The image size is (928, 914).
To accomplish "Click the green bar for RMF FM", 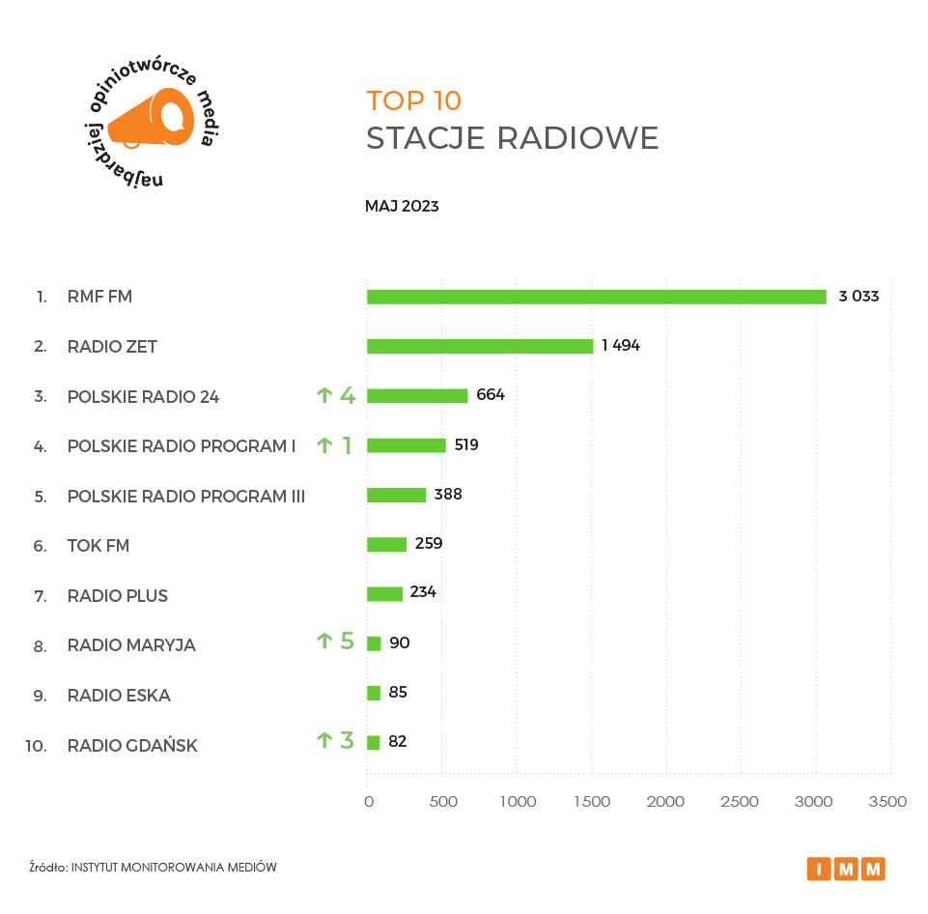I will pos(596,297).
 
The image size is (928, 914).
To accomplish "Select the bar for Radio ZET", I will pos(480,346).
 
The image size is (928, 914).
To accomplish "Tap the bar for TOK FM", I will pos(386,545).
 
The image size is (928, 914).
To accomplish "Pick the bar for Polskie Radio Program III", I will pos(396,495).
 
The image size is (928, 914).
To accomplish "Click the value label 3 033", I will pos(858,297).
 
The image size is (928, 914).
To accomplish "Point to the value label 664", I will pos(491,395).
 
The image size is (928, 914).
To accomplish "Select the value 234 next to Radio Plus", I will pos(423,591).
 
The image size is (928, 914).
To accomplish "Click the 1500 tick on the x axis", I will pos(591,802).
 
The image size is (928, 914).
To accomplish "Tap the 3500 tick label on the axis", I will pos(887,802).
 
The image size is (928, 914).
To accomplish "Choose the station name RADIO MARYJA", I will pos(131,645).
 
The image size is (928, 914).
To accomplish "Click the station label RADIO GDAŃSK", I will pos(132,745).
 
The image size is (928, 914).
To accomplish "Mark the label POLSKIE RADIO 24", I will pos(143,396).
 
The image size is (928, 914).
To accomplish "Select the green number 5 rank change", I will pos(348,641).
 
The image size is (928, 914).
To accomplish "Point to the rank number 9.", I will pos(40,695).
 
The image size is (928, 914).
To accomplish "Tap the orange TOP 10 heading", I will pos(413,100).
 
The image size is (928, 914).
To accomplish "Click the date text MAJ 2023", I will pos(402,206).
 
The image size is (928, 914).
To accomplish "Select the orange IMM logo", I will pos(846,869).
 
